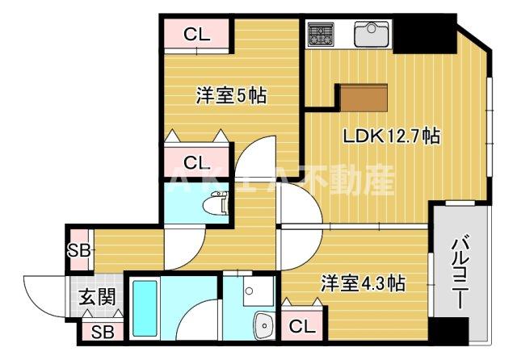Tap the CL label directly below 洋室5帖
click(x=196, y=160)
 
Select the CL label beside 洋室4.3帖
click(x=301, y=327)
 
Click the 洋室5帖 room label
click(x=232, y=96)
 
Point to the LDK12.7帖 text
click(x=392, y=136)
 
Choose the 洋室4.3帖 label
click(x=363, y=284)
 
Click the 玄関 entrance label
click(x=96, y=296)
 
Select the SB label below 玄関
click(x=101, y=331)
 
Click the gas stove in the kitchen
click(x=321, y=34)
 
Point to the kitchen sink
click(x=372, y=35)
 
